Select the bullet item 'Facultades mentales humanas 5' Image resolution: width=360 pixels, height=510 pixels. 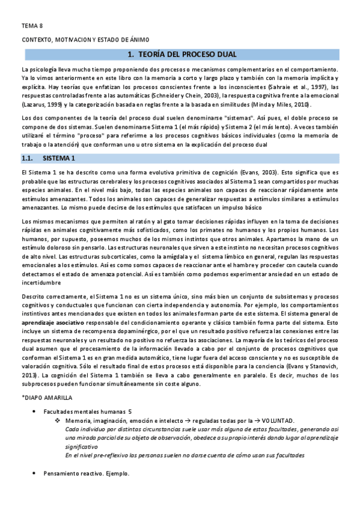pyautogui.click(x=87, y=411)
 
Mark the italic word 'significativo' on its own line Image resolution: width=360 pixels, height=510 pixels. pyautogui.click(x=82, y=447)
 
